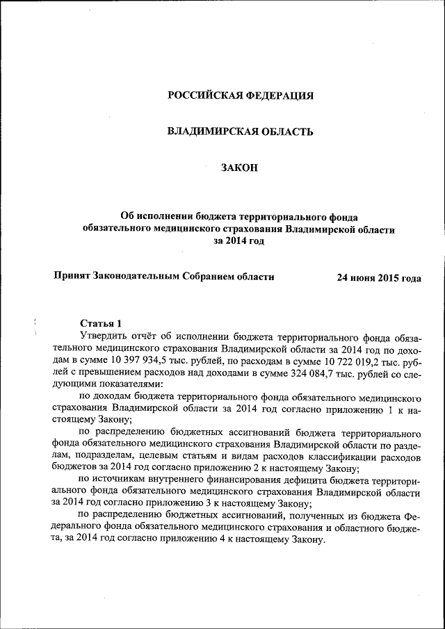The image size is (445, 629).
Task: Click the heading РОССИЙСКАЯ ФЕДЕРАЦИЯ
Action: click(x=241, y=95)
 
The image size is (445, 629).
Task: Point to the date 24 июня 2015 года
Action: click(x=379, y=277)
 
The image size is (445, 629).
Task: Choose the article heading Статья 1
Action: click(x=101, y=323)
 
